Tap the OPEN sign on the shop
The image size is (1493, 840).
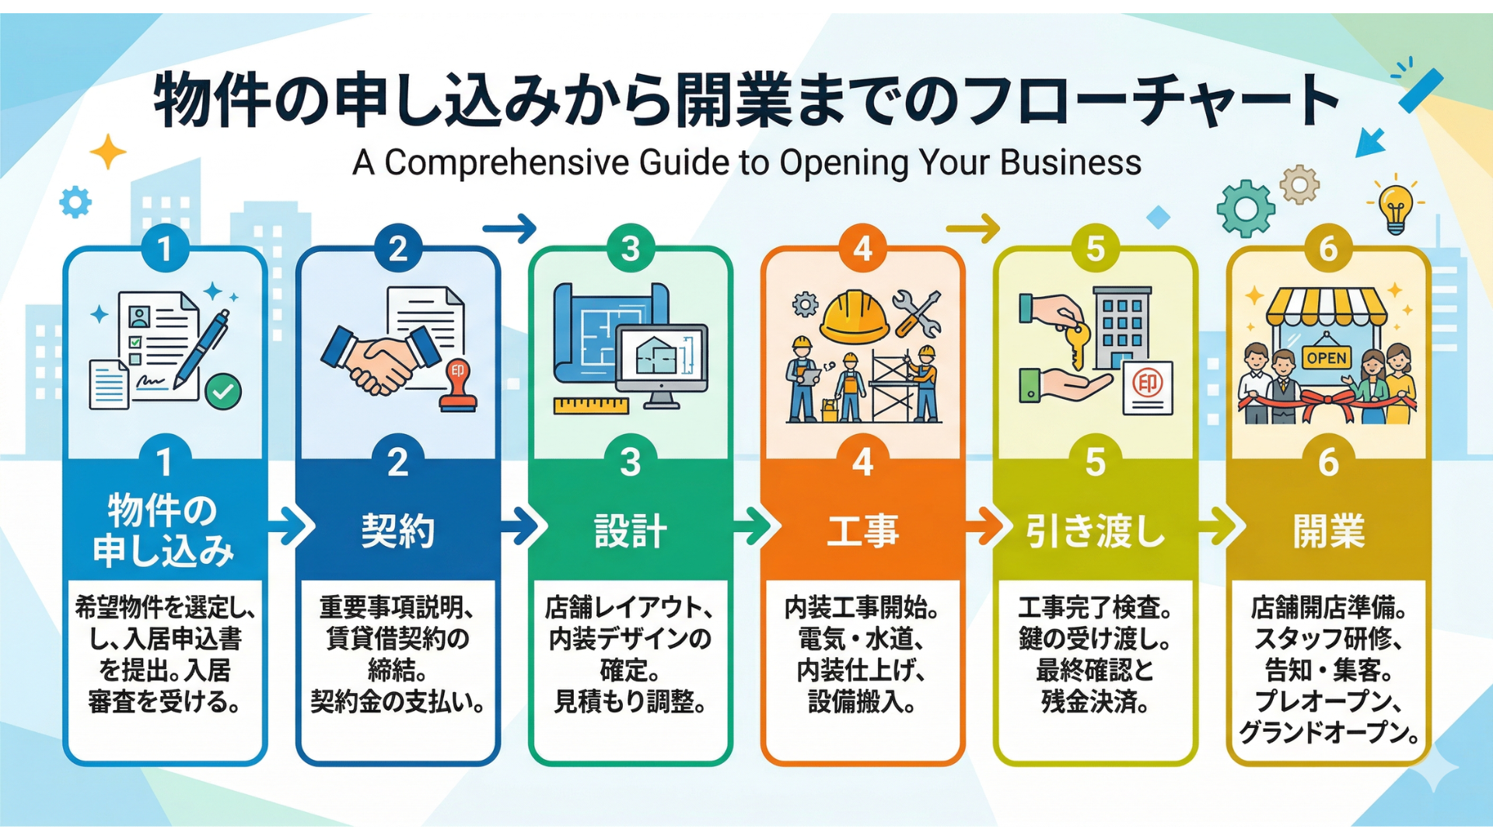(x=1327, y=357)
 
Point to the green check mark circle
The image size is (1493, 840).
(x=223, y=391)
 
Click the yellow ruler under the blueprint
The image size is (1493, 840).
(x=591, y=405)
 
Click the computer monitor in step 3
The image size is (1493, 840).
(x=661, y=359)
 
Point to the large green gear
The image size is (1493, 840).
(x=1245, y=208)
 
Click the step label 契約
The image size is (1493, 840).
(x=397, y=531)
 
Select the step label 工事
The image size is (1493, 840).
(x=862, y=531)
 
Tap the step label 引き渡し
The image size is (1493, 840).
(x=1095, y=531)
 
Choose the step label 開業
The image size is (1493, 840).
(x=1328, y=531)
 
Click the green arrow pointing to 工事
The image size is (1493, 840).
(x=753, y=527)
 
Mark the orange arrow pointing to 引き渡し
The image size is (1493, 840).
(x=984, y=527)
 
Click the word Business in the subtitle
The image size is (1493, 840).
(x=1070, y=163)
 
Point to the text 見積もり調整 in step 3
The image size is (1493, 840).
(x=629, y=702)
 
